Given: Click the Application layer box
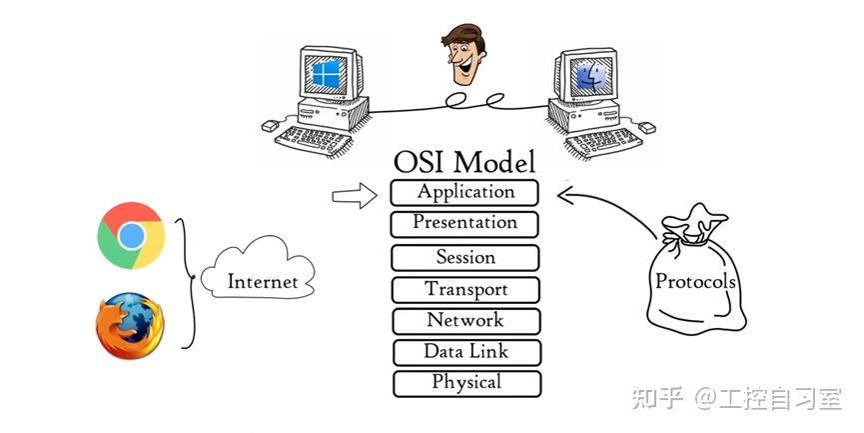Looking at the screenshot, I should (x=465, y=192).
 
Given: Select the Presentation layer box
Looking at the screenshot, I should (x=465, y=223).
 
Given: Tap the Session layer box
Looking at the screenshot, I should (x=465, y=257).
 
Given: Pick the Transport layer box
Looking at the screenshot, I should (x=465, y=290).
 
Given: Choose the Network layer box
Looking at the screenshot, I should (x=465, y=321).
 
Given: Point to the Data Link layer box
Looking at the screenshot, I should (x=465, y=351).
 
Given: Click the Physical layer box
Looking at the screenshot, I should (x=465, y=382).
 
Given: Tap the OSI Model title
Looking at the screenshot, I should (x=464, y=162).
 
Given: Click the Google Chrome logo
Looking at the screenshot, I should (x=131, y=235).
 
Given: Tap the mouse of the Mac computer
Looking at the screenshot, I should (x=645, y=128).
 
